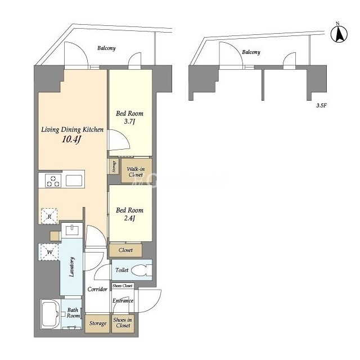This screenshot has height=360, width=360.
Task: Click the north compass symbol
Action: [x=339, y=34]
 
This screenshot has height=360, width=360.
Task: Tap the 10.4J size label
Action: [x=71, y=139]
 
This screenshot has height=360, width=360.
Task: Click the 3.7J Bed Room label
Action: [x=129, y=117]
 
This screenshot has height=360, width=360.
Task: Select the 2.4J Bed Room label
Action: [x=129, y=214]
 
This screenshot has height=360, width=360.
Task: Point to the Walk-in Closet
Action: [x=136, y=170]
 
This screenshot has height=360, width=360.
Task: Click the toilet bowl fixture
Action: [x=142, y=270]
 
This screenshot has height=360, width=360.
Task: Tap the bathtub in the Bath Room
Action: [x=51, y=314]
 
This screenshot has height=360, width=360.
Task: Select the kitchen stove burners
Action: [x=53, y=181]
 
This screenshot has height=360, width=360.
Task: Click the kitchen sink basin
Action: [x=74, y=181]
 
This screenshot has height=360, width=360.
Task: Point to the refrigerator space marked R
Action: [x=49, y=216]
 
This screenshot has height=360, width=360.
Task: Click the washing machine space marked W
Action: [x=49, y=252]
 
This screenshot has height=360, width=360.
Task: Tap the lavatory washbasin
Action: [x=72, y=230]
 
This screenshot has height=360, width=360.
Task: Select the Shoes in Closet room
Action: [x=123, y=323]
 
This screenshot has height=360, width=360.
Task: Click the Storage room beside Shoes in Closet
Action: [x=97, y=323]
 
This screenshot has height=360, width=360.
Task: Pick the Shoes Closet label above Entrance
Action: [x=123, y=286]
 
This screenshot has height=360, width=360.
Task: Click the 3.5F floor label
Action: [x=321, y=106]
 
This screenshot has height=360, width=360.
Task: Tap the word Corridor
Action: [x=97, y=289]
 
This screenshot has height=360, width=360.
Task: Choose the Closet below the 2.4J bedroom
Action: [x=125, y=250]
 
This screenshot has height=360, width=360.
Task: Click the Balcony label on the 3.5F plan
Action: [x=251, y=52]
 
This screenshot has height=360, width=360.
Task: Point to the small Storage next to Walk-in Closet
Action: [x=114, y=166]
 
